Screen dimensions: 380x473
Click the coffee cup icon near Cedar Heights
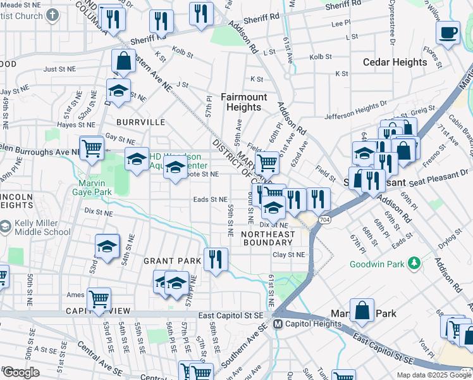(x=448, y=33)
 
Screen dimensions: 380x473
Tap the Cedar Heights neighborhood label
(x=395, y=62)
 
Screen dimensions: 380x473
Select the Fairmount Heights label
(x=243, y=102)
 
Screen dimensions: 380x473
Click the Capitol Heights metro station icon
(x=277, y=324)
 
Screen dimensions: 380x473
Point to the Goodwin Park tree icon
(x=414, y=262)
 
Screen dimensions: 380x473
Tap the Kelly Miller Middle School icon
(x=6, y=227)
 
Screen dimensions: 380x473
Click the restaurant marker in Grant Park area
(x=216, y=259)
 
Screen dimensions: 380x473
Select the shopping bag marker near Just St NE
(x=123, y=62)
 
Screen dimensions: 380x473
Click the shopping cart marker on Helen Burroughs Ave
(x=92, y=149)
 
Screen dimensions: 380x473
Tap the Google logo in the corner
(x=20, y=372)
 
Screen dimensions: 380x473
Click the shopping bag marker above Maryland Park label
(x=362, y=310)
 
